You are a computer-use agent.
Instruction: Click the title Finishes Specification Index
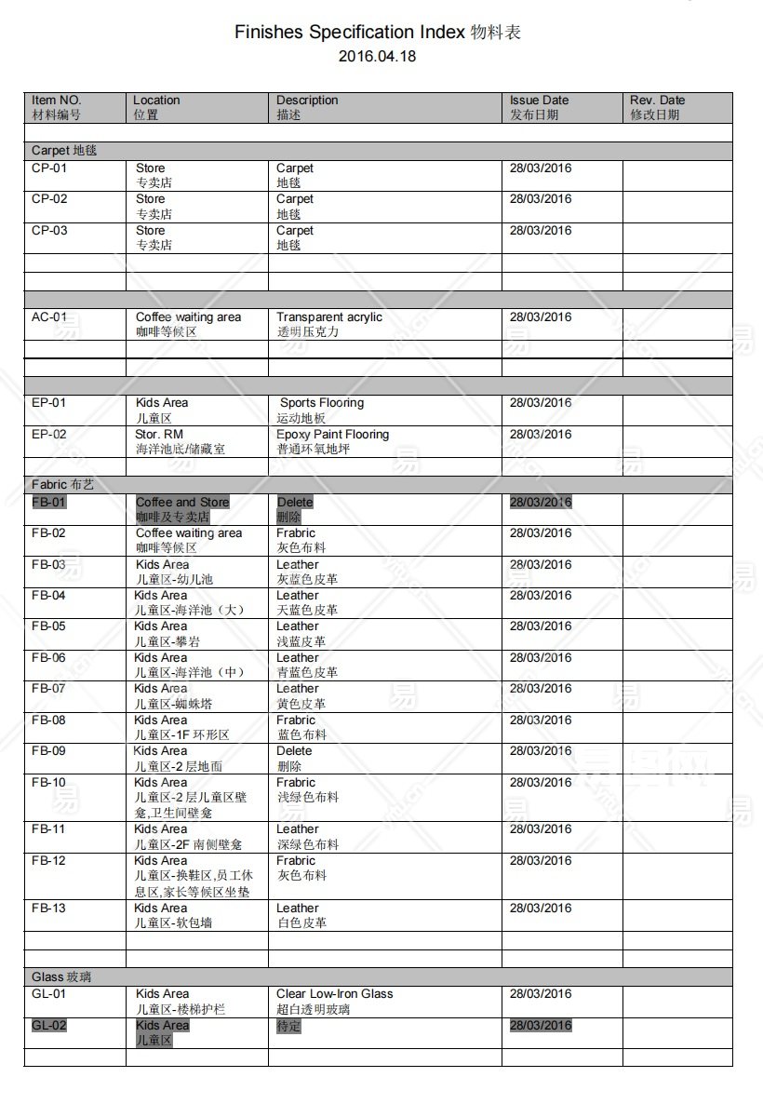tap(349, 33)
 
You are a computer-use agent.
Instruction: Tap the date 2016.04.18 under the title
tap(377, 56)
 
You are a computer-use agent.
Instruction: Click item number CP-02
tap(49, 199)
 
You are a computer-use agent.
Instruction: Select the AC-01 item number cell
tap(49, 317)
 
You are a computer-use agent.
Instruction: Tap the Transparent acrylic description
tap(328, 317)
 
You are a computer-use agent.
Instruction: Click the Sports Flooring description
tap(322, 403)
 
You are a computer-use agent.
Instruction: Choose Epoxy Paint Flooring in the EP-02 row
tap(332, 435)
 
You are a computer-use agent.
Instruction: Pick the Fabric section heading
tap(62, 485)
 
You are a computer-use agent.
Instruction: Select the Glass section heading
tap(61, 977)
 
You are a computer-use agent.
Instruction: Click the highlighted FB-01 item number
tap(49, 503)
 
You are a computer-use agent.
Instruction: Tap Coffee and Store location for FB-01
tap(182, 503)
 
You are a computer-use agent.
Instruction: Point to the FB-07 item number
tap(49, 689)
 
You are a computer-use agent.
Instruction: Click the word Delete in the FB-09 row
tap(294, 751)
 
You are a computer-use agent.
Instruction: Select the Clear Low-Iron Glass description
tap(334, 994)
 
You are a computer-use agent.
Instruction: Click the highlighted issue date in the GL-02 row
tap(541, 1026)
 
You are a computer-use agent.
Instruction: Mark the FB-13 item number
tap(49, 909)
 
